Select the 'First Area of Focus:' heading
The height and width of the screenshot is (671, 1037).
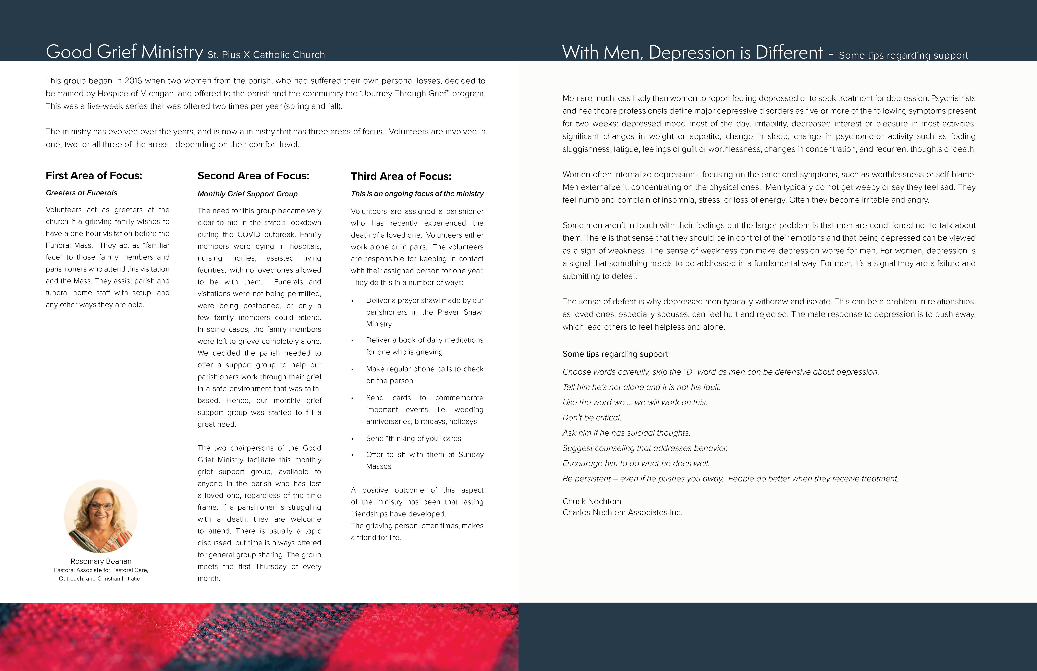(94, 176)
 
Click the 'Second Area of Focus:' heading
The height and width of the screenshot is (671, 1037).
(253, 176)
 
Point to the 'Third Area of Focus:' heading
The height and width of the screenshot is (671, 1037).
(401, 176)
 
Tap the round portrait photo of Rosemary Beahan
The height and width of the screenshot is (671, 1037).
(101, 516)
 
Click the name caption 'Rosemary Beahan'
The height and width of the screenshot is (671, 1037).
(101, 561)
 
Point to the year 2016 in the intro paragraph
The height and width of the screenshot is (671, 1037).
(133, 81)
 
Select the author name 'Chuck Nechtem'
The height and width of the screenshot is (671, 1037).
(592, 501)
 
